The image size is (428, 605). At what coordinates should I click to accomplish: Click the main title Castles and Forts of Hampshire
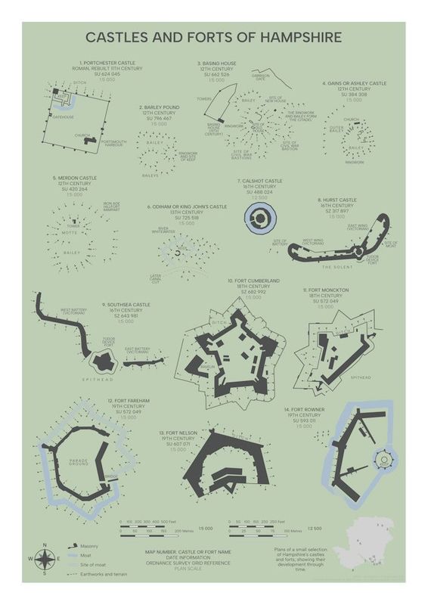[x=214, y=36]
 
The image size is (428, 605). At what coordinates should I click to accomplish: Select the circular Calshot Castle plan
[x=260, y=219]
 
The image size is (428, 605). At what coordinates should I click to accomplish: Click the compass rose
[x=45, y=559]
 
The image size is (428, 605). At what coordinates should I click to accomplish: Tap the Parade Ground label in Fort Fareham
[x=79, y=461]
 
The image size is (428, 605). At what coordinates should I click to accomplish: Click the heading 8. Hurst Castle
[x=337, y=200]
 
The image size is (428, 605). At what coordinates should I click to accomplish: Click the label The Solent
[x=337, y=267]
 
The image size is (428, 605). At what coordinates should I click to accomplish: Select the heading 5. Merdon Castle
[x=74, y=178]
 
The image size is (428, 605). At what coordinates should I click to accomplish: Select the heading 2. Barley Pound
[x=159, y=107]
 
